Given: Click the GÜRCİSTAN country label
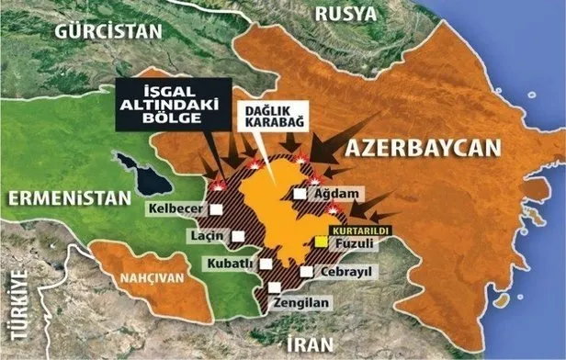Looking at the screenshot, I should (x=108, y=30).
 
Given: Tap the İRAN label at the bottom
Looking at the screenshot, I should (x=308, y=344).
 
